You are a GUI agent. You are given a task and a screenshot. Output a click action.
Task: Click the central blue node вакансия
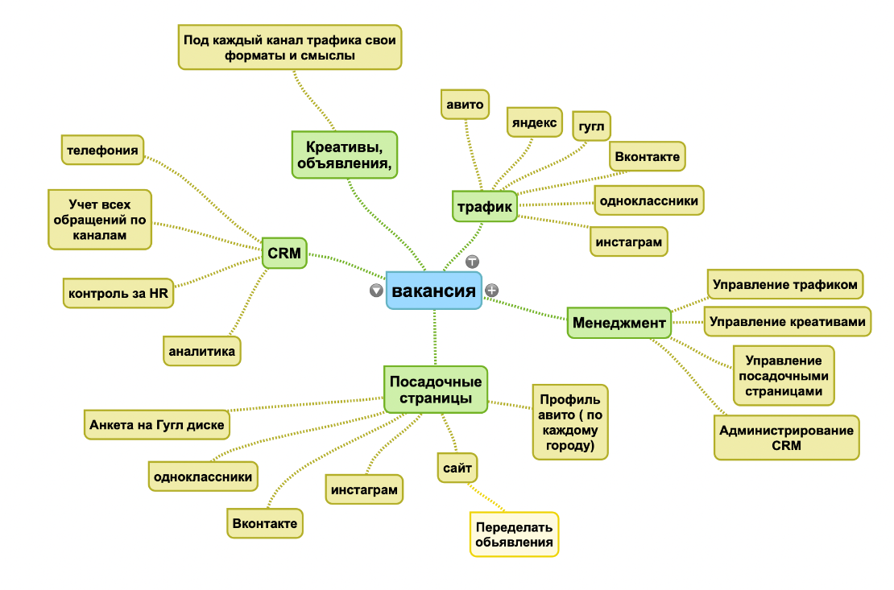pos(434,290)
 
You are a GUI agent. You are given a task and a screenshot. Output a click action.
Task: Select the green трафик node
pos(485,207)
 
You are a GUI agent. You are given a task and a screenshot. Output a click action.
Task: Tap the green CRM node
pos(284,254)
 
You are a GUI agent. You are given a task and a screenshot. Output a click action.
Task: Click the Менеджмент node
pos(619,324)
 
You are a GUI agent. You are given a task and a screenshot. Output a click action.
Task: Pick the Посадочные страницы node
pos(436,390)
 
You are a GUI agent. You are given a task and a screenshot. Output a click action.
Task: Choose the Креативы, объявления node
pos(344,155)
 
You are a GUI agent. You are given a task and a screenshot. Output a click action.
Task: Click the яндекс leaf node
pos(533,122)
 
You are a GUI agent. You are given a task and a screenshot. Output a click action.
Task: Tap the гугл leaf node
pos(591,126)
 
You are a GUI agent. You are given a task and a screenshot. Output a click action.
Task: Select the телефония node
pos(102,150)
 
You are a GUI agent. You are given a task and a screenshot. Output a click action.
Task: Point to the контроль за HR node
pos(118,294)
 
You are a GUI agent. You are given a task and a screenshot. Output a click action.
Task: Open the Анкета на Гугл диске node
pos(157,424)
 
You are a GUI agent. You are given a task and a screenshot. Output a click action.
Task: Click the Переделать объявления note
pos(515,534)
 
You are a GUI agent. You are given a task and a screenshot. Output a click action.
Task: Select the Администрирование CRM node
pos(787,437)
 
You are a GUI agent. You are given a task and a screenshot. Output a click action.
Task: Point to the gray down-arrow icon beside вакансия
pos(376,290)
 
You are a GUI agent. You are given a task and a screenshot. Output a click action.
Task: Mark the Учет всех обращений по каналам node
pos(100,219)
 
